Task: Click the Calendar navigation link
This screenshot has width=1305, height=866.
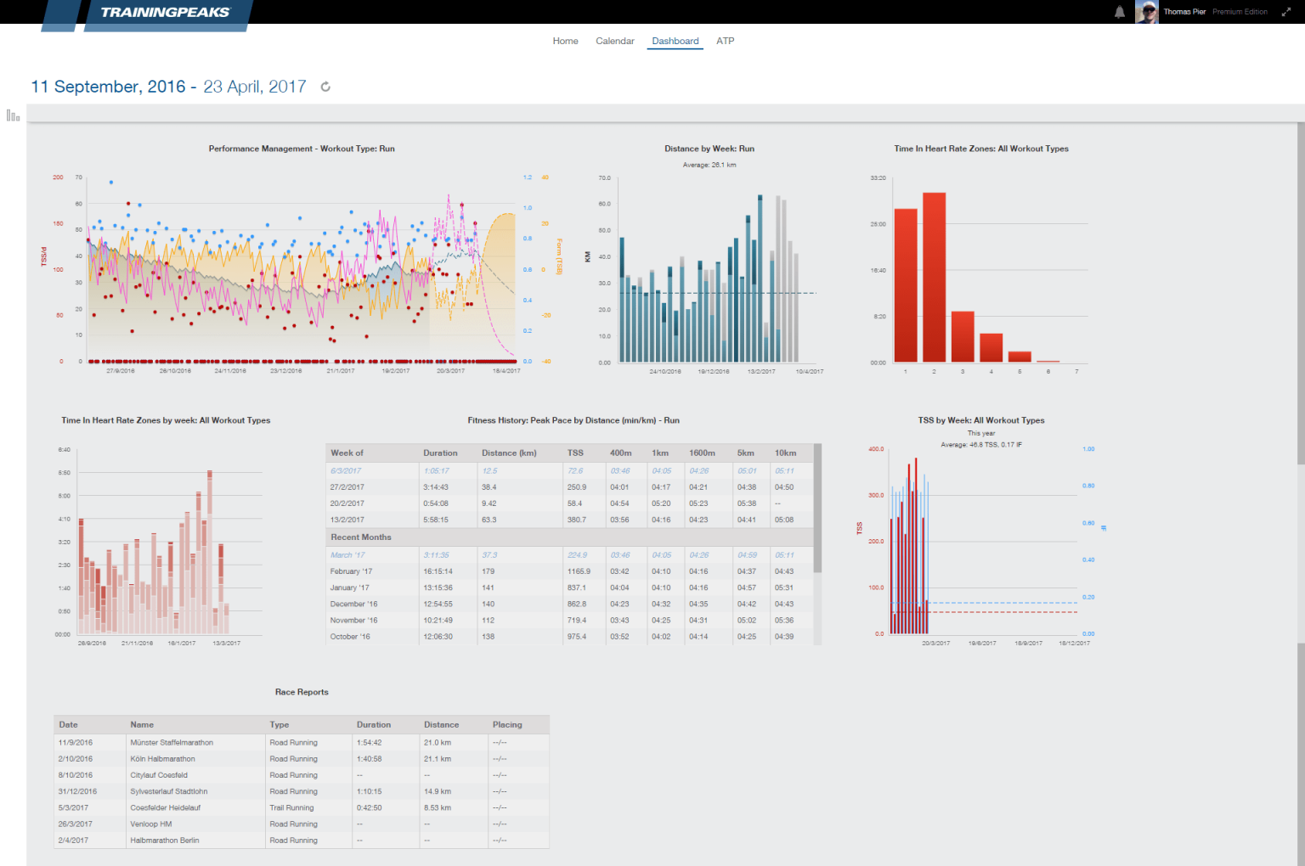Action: tap(614, 41)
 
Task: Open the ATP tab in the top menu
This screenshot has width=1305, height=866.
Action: tap(725, 41)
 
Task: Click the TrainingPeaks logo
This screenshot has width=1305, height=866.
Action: tap(165, 13)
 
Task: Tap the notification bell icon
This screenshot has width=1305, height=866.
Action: tap(1120, 12)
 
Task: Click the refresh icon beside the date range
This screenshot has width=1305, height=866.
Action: tap(325, 87)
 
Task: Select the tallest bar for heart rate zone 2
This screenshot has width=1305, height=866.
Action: tap(934, 278)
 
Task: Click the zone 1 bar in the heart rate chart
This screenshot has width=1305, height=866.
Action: tap(906, 285)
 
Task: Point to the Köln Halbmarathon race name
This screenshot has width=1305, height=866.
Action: tap(162, 759)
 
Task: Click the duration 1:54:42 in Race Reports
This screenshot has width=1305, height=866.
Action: tap(369, 743)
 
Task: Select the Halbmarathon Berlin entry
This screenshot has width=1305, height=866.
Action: tap(165, 841)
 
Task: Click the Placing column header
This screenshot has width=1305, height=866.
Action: tap(507, 725)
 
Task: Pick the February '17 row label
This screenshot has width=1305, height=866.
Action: tap(351, 571)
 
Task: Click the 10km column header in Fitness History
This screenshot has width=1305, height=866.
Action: tap(785, 453)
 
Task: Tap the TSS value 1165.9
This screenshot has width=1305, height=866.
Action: tap(579, 571)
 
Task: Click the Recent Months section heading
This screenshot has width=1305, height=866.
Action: tap(361, 537)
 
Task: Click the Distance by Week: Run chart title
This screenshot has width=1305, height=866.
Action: tap(709, 149)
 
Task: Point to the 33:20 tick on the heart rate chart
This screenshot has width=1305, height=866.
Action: tap(878, 178)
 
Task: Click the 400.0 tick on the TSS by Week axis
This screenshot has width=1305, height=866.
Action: tap(875, 449)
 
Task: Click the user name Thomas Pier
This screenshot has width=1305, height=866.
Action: tap(1184, 12)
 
